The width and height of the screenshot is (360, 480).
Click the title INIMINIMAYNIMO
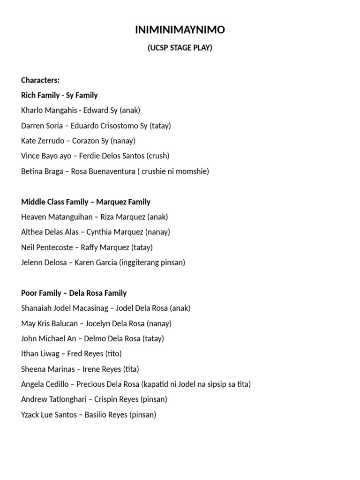(x=180, y=30)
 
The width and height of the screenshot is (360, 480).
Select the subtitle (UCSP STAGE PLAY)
(x=180, y=48)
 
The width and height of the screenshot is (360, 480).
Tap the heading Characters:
(x=40, y=80)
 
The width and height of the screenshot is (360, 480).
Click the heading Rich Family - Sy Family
(x=60, y=95)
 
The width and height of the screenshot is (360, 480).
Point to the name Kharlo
(x=32, y=111)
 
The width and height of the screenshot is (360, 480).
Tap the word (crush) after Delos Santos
(x=158, y=156)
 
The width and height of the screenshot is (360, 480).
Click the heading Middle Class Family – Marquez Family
(x=86, y=202)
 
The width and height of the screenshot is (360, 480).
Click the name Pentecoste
(x=54, y=247)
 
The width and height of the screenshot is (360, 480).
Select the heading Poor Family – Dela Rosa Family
(x=74, y=293)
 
